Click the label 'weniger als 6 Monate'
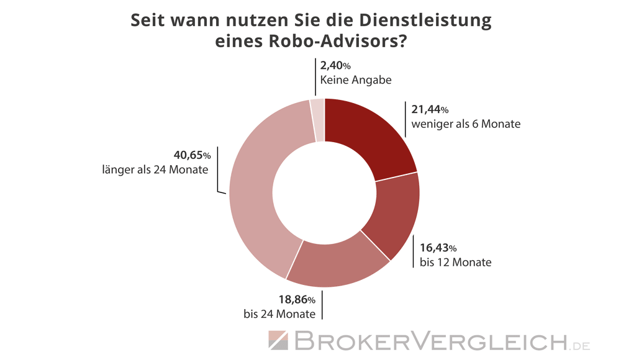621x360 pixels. pyautogui.click(x=465, y=124)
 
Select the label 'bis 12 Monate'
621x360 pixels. pyautogui.click(x=455, y=263)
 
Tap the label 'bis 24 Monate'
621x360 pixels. pyautogui.click(x=279, y=313)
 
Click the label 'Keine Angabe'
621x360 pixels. pyautogui.click(x=355, y=79)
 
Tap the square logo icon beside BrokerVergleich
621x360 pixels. pyautogui.click(x=279, y=340)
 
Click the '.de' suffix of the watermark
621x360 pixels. pyautogui.click(x=581, y=344)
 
